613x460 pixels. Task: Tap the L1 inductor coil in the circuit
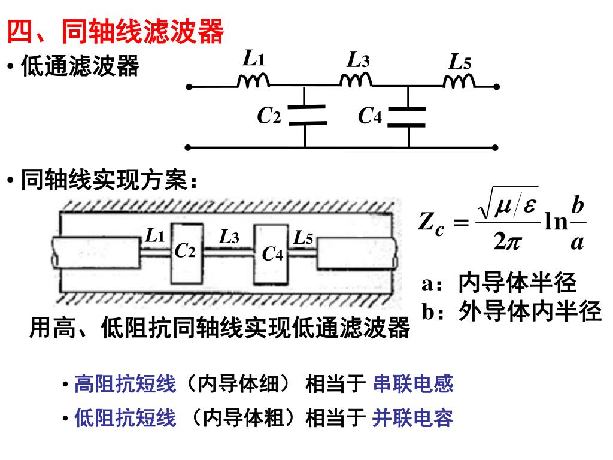pyautogui.click(x=253, y=81)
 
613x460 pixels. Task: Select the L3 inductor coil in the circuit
pyautogui.click(x=356, y=80)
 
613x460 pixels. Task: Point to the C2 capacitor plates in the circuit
pyautogui.click(x=306, y=115)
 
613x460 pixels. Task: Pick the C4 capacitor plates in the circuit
pyautogui.click(x=407, y=117)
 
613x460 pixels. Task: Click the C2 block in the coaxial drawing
pyautogui.click(x=185, y=253)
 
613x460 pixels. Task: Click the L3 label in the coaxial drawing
pyautogui.click(x=229, y=237)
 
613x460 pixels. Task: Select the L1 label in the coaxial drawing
pyautogui.click(x=155, y=236)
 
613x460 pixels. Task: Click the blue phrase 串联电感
pyautogui.click(x=413, y=383)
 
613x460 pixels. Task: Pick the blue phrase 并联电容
pyautogui.click(x=412, y=418)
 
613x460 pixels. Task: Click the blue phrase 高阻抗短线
pyautogui.click(x=125, y=383)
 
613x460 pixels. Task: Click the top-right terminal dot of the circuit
pyautogui.click(x=496, y=87)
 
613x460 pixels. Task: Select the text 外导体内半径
pyautogui.click(x=530, y=311)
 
